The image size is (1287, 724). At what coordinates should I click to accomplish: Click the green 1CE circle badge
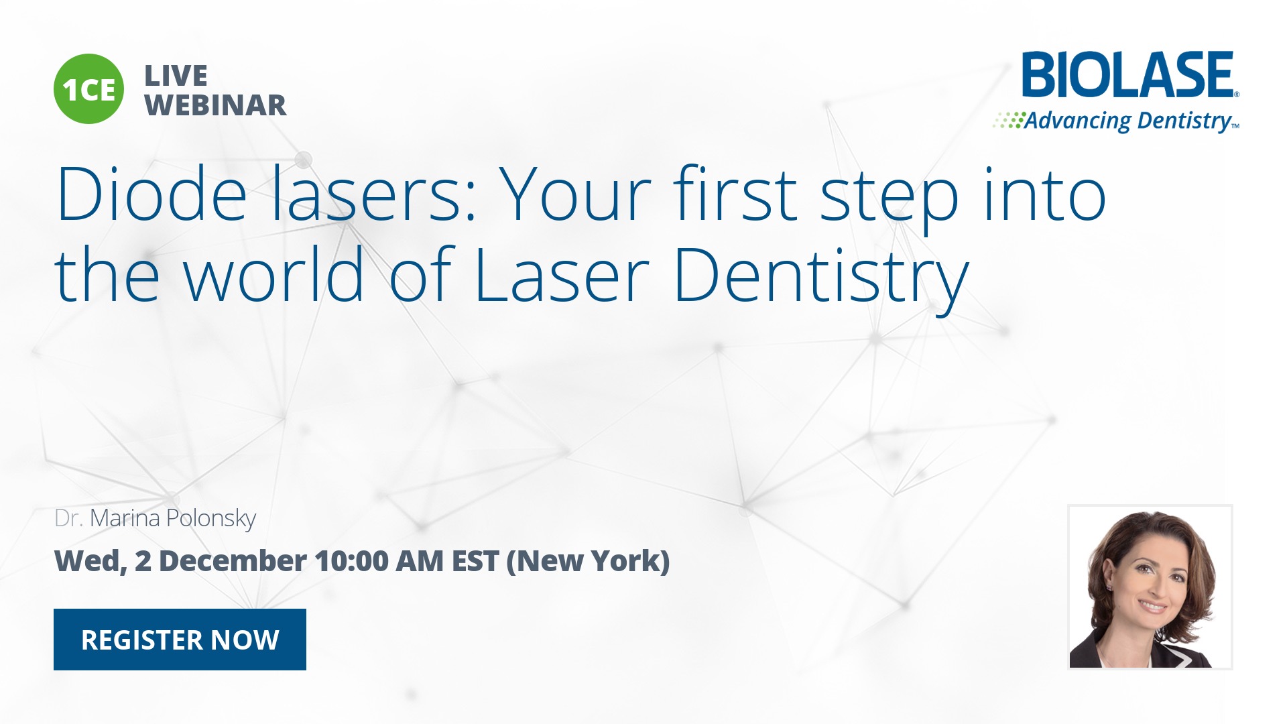(88, 89)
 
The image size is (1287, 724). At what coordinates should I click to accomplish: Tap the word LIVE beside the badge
(176, 76)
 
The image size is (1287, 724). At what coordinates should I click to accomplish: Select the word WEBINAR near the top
(216, 105)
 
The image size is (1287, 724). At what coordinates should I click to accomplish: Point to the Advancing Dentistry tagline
(1116, 121)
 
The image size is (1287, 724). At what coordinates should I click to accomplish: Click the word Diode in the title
(152, 194)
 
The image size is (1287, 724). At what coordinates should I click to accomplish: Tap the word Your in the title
(575, 194)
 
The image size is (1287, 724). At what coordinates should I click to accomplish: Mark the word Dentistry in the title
(821, 279)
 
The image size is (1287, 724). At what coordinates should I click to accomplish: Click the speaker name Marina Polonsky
(173, 519)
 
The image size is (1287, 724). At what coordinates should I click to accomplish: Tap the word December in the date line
(233, 560)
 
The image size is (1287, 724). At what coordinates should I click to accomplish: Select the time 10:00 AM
(380, 560)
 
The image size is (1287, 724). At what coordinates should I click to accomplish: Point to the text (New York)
(588, 561)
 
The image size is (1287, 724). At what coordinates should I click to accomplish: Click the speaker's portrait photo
(1150, 587)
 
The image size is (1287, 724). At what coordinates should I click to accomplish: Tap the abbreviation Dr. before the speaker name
(69, 518)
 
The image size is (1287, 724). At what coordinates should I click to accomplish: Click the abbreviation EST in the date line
(475, 560)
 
